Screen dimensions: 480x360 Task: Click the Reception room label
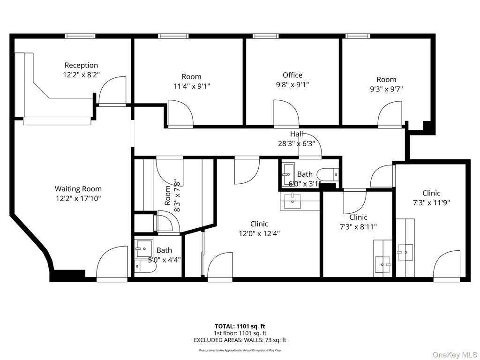(81, 65)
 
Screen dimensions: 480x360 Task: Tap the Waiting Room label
(78, 189)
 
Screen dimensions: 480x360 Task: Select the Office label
(292, 75)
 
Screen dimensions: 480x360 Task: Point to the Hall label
(296, 134)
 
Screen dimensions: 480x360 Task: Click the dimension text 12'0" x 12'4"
(259, 233)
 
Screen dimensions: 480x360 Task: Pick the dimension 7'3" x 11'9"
(431, 202)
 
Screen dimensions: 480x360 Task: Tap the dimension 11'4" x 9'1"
(192, 86)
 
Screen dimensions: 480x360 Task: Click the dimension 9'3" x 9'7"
(386, 89)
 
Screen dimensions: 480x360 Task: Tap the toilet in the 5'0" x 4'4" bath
(145, 266)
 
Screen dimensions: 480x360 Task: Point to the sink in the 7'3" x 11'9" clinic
(405, 252)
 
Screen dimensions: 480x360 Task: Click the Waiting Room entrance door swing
(112, 262)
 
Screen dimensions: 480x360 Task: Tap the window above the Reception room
(80, 36)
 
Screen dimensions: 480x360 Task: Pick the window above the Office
(266, 36)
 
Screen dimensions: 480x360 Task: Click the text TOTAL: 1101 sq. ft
(240, 326)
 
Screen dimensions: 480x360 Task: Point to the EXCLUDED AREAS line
(240, 340)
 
